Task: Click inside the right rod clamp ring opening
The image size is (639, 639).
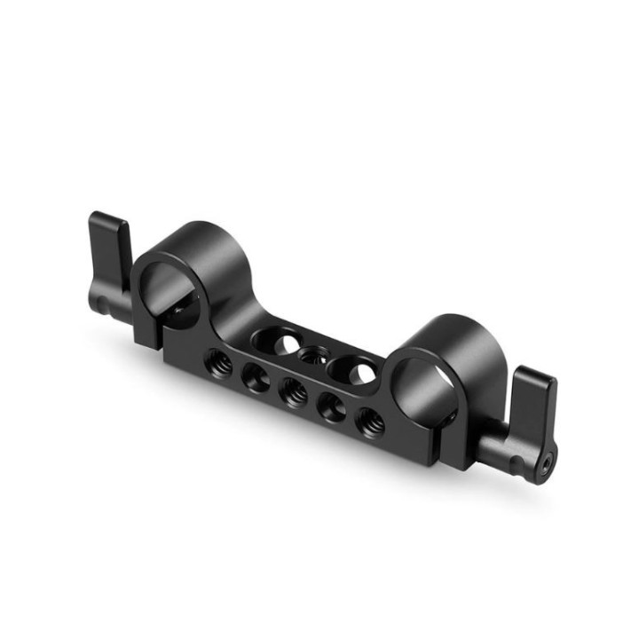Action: pyautogui.click(x=426, y=383)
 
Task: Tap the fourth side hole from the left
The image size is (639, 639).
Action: pyautogui.click(x=329, y=406)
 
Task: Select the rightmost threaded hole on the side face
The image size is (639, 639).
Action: pyautogui.click(x=367, y=422)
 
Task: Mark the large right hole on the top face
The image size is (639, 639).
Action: pyautogui.click(x=352, y=371)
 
